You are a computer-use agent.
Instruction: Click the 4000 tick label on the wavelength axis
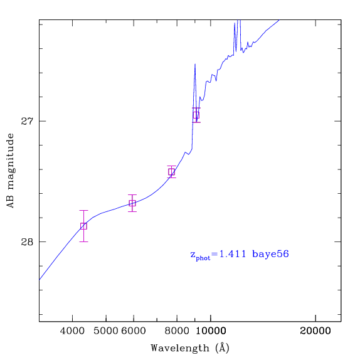coord(72,331)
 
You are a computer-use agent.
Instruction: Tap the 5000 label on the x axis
coord(106,331)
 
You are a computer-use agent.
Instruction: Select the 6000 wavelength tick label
coord(134,331)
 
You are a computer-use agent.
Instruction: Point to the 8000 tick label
coord(177,331)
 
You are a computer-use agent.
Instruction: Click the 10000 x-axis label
coord(211,331)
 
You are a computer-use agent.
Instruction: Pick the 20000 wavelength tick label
coord(315,331)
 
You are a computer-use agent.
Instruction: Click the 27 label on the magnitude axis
coord(27,121)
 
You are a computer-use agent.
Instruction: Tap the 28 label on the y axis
coord(27,241)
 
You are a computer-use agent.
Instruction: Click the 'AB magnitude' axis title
coord(11,171)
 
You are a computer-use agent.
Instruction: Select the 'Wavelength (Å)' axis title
coord(190,347)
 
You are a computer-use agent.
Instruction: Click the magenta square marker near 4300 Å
coord(83,226)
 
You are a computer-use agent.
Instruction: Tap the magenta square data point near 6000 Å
coord(132,203)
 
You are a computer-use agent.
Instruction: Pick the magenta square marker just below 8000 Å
coord(171,172)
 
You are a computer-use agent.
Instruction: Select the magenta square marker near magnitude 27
coord(196,115)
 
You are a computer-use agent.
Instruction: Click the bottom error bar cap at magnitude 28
coord(83,241)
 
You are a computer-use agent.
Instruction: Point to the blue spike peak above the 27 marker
coord(195,64)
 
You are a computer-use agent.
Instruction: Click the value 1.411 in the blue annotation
coord(233,254)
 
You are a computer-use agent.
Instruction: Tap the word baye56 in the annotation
coord(270,255)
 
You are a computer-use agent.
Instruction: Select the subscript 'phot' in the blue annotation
coord(203,258)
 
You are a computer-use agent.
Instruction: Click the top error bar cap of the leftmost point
coord(83,210)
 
